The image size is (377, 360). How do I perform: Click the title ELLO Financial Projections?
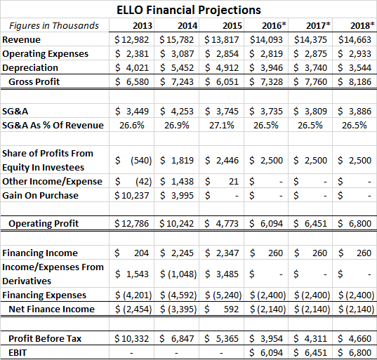189,10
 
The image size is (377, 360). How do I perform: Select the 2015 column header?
232,26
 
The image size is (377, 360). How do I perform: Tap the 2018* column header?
362,25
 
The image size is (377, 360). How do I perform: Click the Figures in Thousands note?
54,26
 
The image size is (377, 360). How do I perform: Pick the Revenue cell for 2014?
176,40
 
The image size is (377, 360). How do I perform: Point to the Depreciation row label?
30,68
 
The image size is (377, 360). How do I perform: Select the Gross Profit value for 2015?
222,82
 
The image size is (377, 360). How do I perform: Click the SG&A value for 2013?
132,112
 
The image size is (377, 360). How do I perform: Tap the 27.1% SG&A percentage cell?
221,125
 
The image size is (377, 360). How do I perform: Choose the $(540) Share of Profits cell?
133,160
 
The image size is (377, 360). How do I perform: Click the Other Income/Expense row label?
52,182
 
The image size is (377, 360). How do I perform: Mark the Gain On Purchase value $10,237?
132,195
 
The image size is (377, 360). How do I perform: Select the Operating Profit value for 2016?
266,223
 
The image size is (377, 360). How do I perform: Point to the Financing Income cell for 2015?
222,253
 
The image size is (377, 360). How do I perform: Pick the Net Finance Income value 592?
222,309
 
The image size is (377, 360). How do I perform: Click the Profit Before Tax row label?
45,339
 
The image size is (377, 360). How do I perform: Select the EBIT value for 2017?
310,353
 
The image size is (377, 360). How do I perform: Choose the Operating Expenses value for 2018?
355,54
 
